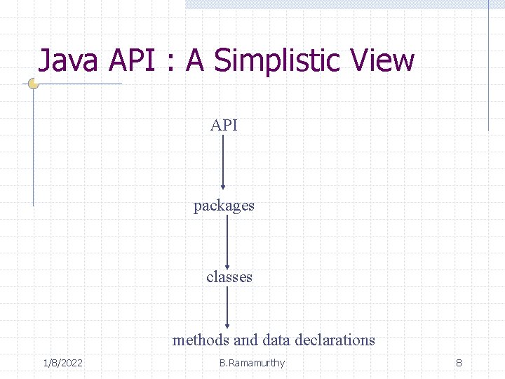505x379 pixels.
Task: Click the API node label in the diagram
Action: point(224,126)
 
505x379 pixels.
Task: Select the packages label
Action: point(224,206)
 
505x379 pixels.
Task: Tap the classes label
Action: point(229,277)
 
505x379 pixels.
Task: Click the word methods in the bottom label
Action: point(201,340)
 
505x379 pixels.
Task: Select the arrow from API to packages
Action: point(223,162)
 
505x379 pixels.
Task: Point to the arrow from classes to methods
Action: point(227,308)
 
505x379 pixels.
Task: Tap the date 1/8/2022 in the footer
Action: point(62,363)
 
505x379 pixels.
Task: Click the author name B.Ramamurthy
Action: point(252,363)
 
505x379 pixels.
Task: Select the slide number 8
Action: point(459,363)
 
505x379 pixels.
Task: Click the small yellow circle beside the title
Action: point(33,84)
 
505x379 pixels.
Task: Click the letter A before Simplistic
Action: point(195,61)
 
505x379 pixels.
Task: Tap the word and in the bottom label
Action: point(245,340)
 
